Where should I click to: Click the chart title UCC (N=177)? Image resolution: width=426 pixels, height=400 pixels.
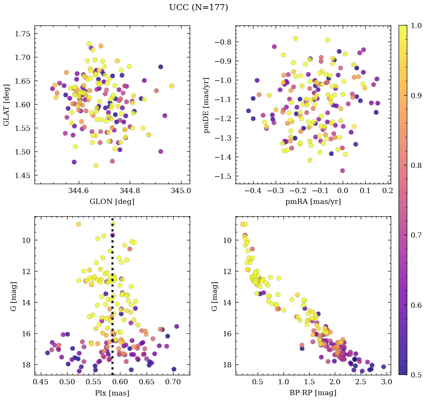pyautogui.click(x=198, y=7)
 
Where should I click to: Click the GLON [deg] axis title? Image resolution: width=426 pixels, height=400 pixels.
pyautogui.click(x=112, y=202)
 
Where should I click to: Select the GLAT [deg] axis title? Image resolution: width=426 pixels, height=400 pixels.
pyautogui.click(x=6, y=105)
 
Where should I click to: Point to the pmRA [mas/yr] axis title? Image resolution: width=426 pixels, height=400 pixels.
pyautogui.click(x=313, y=202)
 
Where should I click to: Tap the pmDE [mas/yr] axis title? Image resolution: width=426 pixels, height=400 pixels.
pyautogui.click(x=207, y=105)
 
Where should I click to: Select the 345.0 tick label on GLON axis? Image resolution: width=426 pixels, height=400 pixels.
pyautogui.click(x=181, y=190)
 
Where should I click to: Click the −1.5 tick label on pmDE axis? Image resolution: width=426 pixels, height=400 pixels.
pyautogui.click(x=223, y=176)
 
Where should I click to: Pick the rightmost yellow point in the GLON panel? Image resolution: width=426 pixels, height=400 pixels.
pyautogui.click(x=172, y=86)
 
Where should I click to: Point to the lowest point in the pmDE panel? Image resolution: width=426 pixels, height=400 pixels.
pyautogui.click(x=342, y=171)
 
